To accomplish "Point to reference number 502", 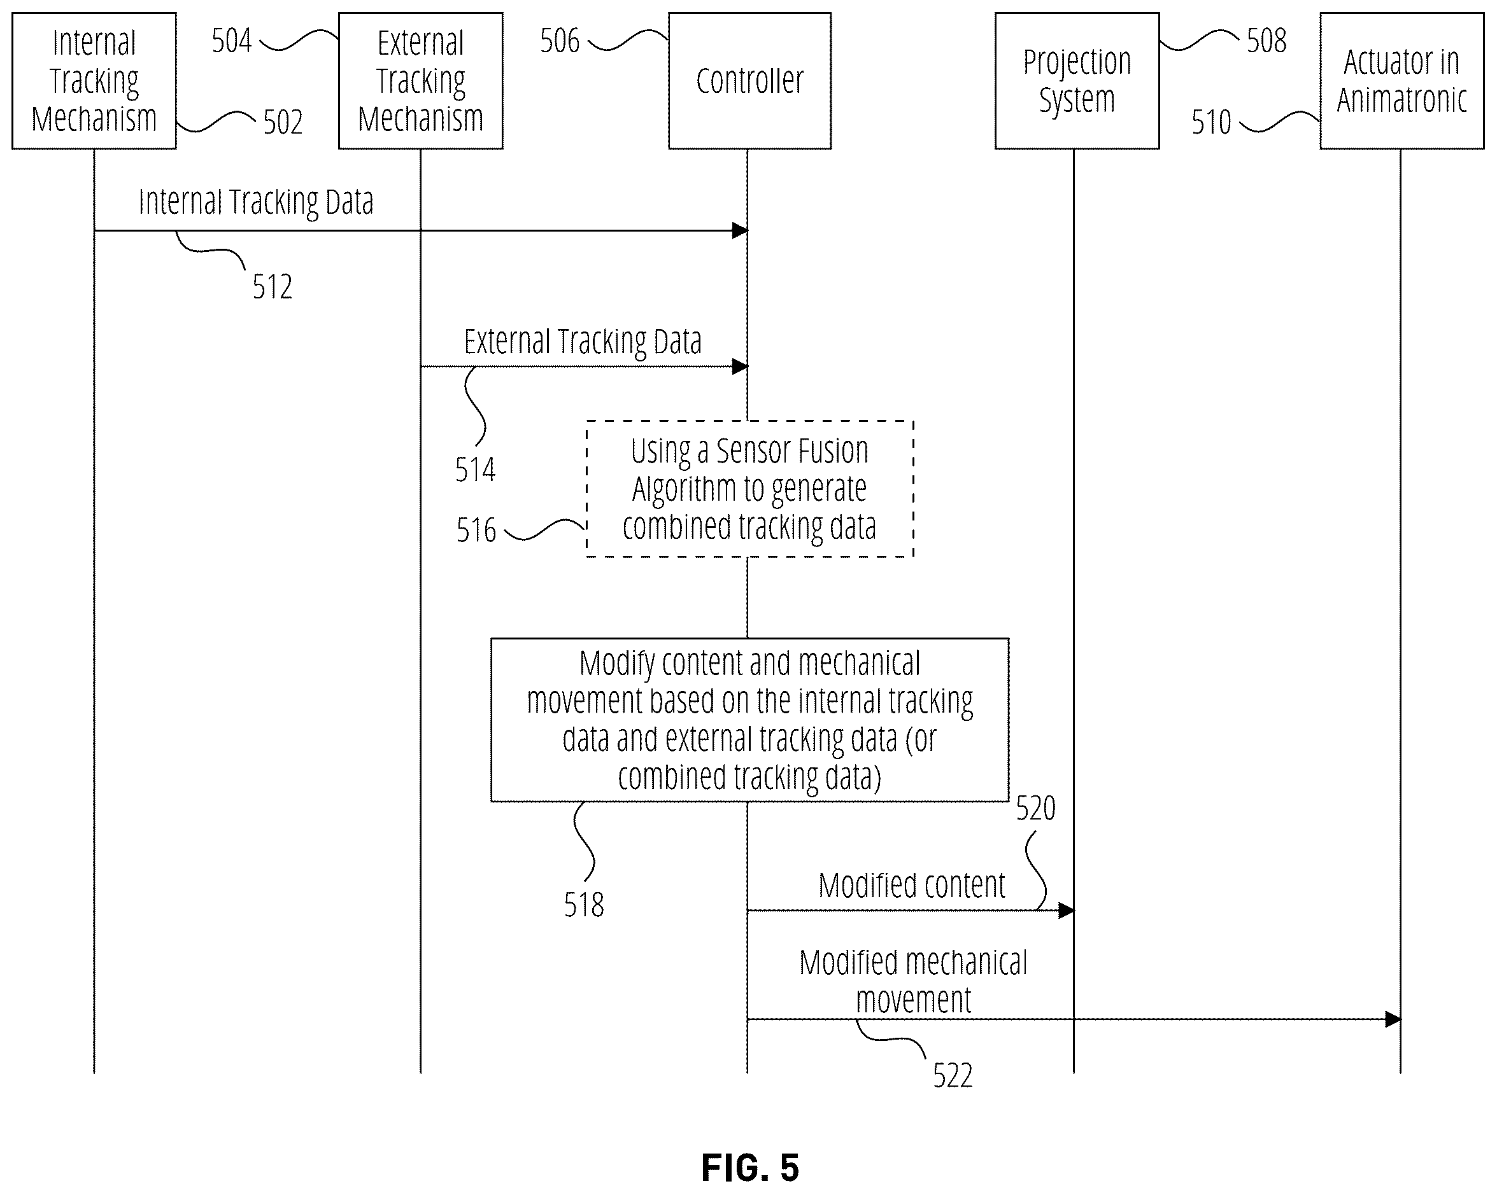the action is pyautogui.click(x=283, y=123).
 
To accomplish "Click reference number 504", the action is pyautogui.click(x=231, y=41).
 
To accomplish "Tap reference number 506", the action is pyautogui.click(x=560, y=41).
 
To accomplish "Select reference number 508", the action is pyautogui.click(x=1266, y=41).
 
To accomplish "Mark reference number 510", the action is pyautogui.click(x=1211, y=123).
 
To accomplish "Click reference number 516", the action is pyautogui.click(x=476, y=531).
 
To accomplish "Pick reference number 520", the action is pyautogui.click(x=1036, y=809).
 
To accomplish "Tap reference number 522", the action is pyautogui.click(x=953, y=1076).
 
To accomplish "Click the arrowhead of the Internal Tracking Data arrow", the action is pyautogui.click(x=740, y=230).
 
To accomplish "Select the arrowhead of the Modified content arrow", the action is pyautogui.click(x=1067, y=910).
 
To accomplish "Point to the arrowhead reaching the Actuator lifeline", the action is pyautogui.click(x=1393, y=1019).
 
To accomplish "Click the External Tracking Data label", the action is pyautogui.click(x=583, y=342).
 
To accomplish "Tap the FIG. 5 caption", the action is pyautogui.click(x=750, y=1168).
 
